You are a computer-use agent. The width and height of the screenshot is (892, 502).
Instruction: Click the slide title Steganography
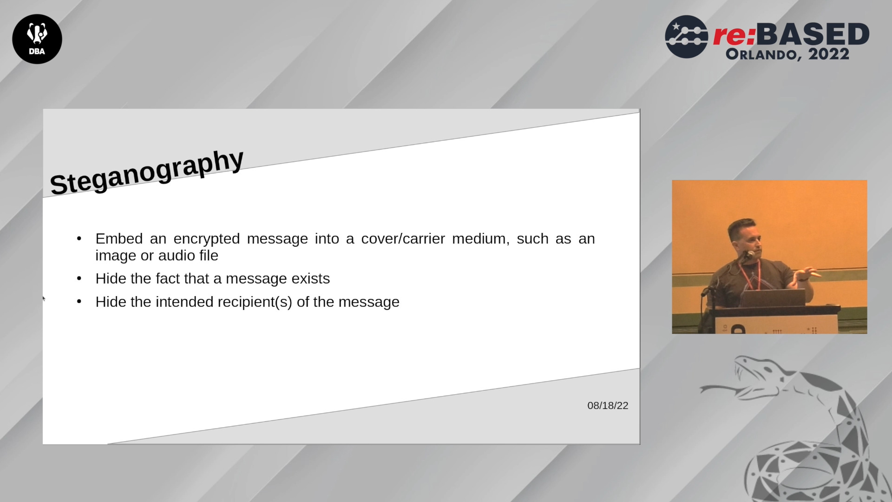(147, 172)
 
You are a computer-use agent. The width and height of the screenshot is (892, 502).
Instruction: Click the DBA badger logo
(37, 39)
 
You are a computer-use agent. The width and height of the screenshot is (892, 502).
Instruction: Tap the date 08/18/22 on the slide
(608, 405)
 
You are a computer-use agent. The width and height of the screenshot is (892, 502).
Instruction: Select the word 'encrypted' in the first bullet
(207, 239)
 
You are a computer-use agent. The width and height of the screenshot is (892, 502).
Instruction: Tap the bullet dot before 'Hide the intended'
(79, 302)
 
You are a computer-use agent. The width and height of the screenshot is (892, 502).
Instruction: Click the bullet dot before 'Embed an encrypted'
(79, 238)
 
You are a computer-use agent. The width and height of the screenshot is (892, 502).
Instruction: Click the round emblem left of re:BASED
(687, 37)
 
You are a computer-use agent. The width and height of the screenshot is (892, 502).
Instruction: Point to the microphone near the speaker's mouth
(748, 255)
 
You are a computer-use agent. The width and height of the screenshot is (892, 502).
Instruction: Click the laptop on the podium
(773, 297)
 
